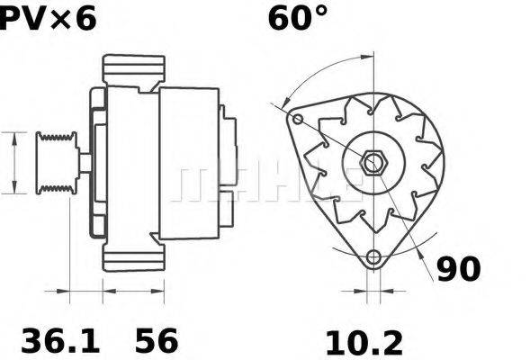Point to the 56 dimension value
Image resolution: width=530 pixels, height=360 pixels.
pyautogui.click(x=157, y=340)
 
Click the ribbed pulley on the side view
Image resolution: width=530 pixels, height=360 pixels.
pyautogui.click(x=56, y=162)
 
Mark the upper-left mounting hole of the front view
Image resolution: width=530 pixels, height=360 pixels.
pyautogui.click(x=298, y=120)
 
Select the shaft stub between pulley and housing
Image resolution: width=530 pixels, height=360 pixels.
pyautogui.click(x=83, y=163)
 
